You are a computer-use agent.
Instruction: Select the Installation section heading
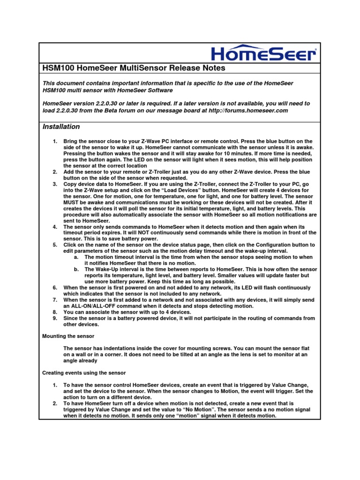coord(61,127)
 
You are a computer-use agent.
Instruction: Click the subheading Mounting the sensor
coord(68,336)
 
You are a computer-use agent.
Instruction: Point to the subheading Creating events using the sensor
coord(84,373)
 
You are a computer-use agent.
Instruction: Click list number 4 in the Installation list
coord(54,226)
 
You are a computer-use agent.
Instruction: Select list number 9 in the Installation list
coord(54,318)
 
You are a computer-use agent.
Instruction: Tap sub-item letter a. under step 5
coord(76,257)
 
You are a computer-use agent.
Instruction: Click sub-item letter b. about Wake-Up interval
coord(76,269)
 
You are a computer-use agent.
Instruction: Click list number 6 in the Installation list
coord(54,287)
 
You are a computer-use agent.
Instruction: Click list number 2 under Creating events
coord(54,403)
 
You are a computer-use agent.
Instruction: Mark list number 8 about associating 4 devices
coord(54,312)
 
